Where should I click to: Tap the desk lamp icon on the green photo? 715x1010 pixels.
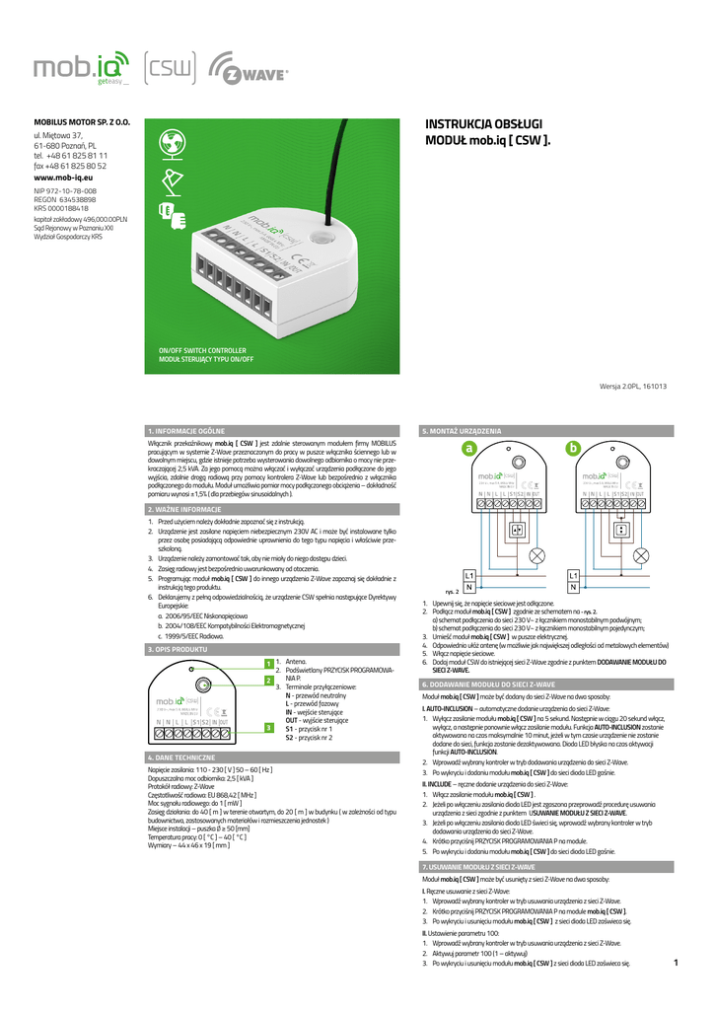point(168,179)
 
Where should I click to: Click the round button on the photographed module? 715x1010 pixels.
point(322,238)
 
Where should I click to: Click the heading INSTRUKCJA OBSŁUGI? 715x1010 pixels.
point(483,124)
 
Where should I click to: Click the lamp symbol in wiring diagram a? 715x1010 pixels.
point(538,555)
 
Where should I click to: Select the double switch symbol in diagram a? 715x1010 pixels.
point(516,529)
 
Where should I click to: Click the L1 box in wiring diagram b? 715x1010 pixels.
point(573,574)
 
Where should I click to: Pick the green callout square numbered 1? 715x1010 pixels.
point(267,664)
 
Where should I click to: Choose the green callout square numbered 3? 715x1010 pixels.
point(267,727)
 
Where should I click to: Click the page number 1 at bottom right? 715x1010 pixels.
point(677,963)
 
